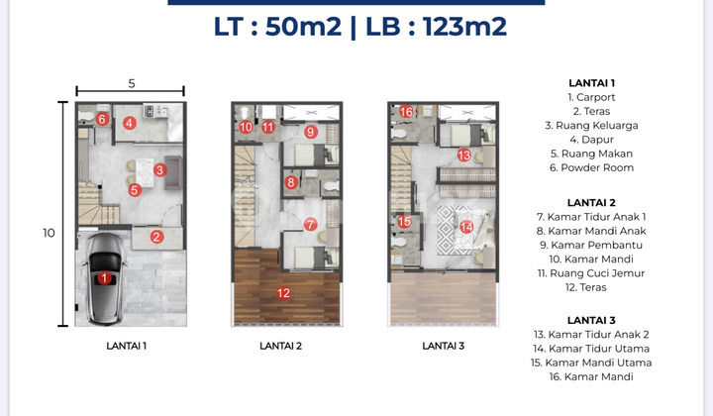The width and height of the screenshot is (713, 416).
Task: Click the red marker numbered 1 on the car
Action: pos(104,279)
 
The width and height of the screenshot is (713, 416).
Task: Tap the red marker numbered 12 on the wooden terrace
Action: pos(284,292)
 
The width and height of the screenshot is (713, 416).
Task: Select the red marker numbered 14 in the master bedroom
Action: pos(466,226)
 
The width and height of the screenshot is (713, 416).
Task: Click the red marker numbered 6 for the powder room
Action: pos(102,120)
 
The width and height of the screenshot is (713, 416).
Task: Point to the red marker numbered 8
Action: pos(291,182)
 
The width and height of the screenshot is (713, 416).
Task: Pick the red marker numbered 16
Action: pos(406,112)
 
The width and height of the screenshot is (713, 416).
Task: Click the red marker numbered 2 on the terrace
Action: pos(156,237)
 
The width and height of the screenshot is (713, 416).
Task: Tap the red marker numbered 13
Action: pos(463,155)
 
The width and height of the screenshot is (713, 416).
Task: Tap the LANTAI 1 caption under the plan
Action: pos(126,346)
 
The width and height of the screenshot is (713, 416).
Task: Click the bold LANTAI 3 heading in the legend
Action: pos(592,320)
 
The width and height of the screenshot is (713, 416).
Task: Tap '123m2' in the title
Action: pos(464,27)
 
